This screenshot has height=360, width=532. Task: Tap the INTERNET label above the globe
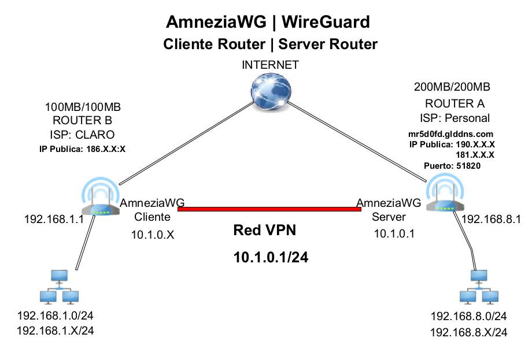pyautogui.click(x=270, y=65)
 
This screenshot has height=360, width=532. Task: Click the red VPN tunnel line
pyautogui.click(x=269, y=209)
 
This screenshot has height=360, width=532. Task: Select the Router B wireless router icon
pyautogui.click(x=101, y=202)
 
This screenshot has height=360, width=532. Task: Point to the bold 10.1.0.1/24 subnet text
pyautogui.click(x=271, y=258)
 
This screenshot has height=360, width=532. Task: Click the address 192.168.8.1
pyautogui.click(x=491, y=220)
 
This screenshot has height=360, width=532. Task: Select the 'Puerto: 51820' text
pyautogui.click(x=452, y=166)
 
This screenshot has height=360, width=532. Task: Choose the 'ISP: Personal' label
pyautogui.click(x=455, y=118)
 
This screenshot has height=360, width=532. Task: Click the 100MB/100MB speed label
pyautogui.click(x=83, y=107)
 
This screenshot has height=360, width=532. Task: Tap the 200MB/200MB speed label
pyautogui.click(x=452, y=88)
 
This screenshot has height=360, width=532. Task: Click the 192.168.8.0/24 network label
pyautogui.click(x=469, y=317)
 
